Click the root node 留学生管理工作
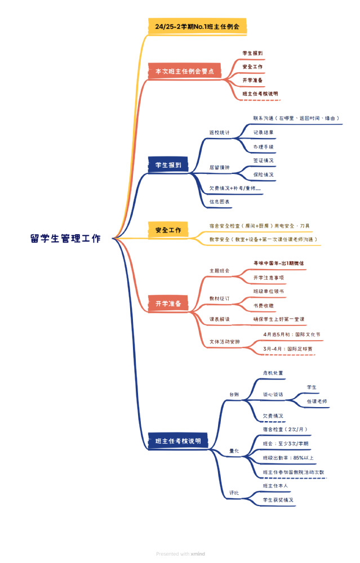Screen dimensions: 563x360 tap(66, 238)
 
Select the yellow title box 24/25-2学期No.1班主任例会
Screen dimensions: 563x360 tap(197, 26)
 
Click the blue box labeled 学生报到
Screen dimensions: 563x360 tap(168, 165)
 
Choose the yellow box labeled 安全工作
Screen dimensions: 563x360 tap(168, 230)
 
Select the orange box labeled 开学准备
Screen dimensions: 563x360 tap(168, 303)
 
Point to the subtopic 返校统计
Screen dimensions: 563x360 tap(219, 132)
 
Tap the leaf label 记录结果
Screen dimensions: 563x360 tap(263, 132)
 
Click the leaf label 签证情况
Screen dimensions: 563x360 tap(263, 160)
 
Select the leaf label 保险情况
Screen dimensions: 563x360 tap(263, 175)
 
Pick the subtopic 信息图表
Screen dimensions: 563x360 tap(219, 201)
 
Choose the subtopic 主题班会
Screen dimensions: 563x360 tap(219, 271)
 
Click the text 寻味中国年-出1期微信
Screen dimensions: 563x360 tap(278, 263)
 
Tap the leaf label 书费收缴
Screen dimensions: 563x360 tap(264, 305)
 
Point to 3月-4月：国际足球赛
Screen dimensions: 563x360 tap(288, 349)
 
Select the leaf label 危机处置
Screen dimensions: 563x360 tap(273, 373)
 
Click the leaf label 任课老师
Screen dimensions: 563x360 tap(317, 401)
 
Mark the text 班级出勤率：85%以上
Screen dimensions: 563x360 tap(288, 458)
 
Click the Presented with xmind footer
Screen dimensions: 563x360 tap(180, 554)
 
